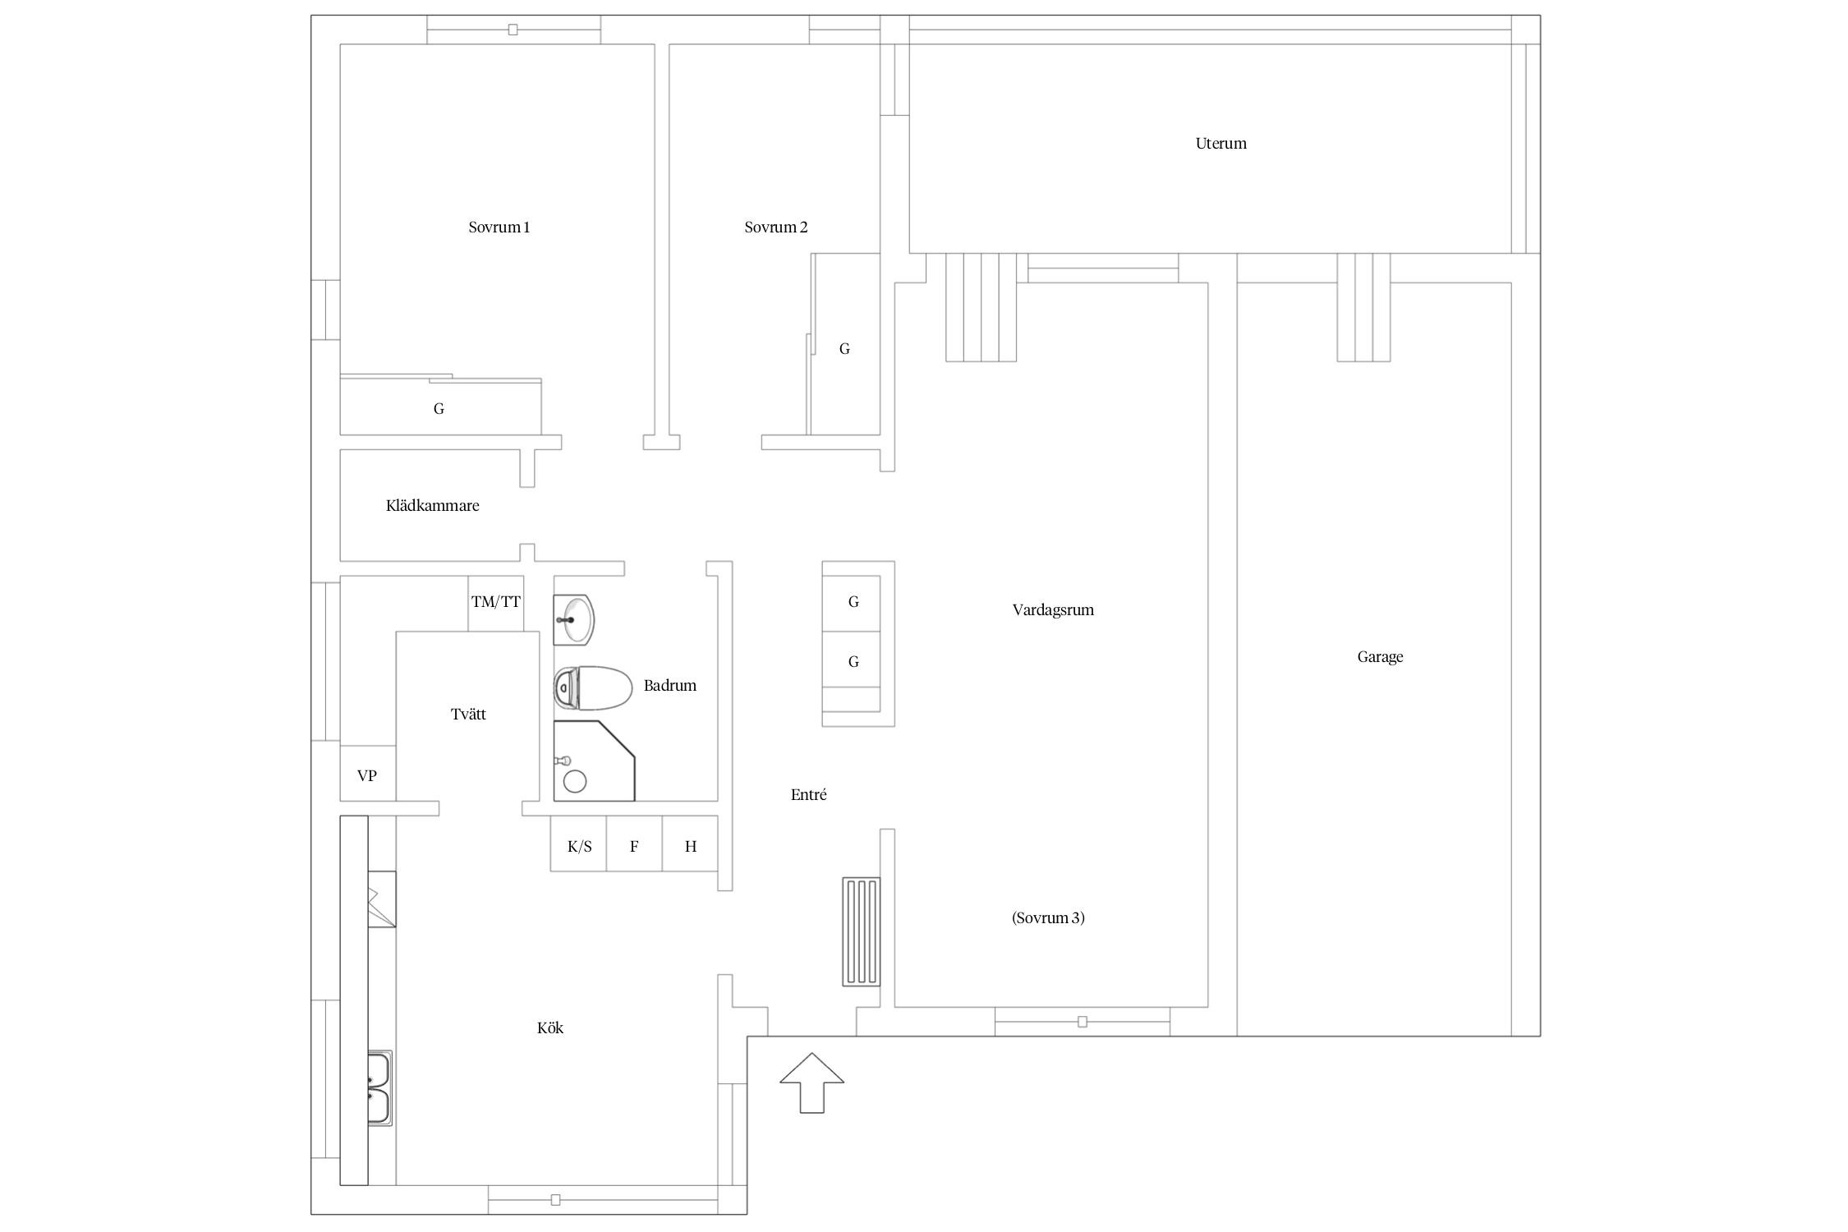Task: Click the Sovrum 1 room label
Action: (499, 228)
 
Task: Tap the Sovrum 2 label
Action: (776, 228)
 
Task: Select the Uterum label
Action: (1221, 144)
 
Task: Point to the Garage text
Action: (1380, 657)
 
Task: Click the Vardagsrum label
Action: (1053, 610)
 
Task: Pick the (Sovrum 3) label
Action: (1048, 918)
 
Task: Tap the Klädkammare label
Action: (433, 506)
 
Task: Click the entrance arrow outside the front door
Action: (811, 1083)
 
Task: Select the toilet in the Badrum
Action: (593, 688)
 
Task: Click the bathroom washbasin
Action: (573, 619)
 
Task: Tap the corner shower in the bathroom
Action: (595, 761)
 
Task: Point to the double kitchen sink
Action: (379, 1088)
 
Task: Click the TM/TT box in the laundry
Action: (496, 603)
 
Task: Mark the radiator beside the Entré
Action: (861, 931)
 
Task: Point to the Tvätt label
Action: (468, 715)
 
